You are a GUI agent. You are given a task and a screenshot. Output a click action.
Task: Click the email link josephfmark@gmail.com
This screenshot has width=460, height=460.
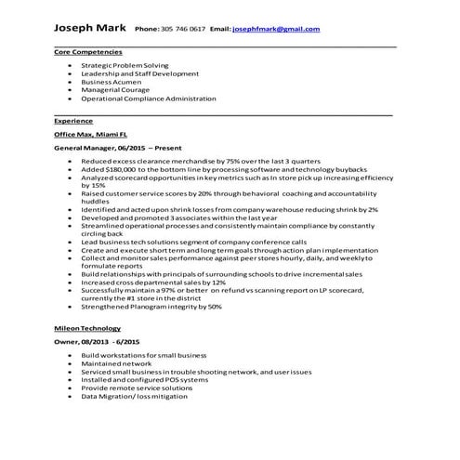pyautogui.click(x=276, y=30)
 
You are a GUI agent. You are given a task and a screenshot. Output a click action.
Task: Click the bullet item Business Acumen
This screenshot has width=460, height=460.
pyautogui.click(x=112, y=81)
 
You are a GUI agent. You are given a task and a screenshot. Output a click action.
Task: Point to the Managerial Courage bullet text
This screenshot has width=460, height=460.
pyautogui.click(x=117, y=89)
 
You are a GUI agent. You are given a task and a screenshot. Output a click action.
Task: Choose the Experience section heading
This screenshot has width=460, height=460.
pyautogui.click(x=73, y=121)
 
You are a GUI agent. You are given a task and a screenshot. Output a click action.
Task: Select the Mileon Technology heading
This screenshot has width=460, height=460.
pyautogui.click(x=87, y=328)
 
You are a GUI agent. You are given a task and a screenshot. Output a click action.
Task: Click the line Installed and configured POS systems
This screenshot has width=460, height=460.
pyautogui.click(x=138, y=380)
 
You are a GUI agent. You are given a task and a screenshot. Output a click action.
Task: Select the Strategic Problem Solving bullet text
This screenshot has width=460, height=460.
pyautogui.click(x=125, y=66)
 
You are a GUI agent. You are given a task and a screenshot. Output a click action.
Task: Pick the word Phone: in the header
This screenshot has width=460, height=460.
pyautogui.click(x=147, y=30)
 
